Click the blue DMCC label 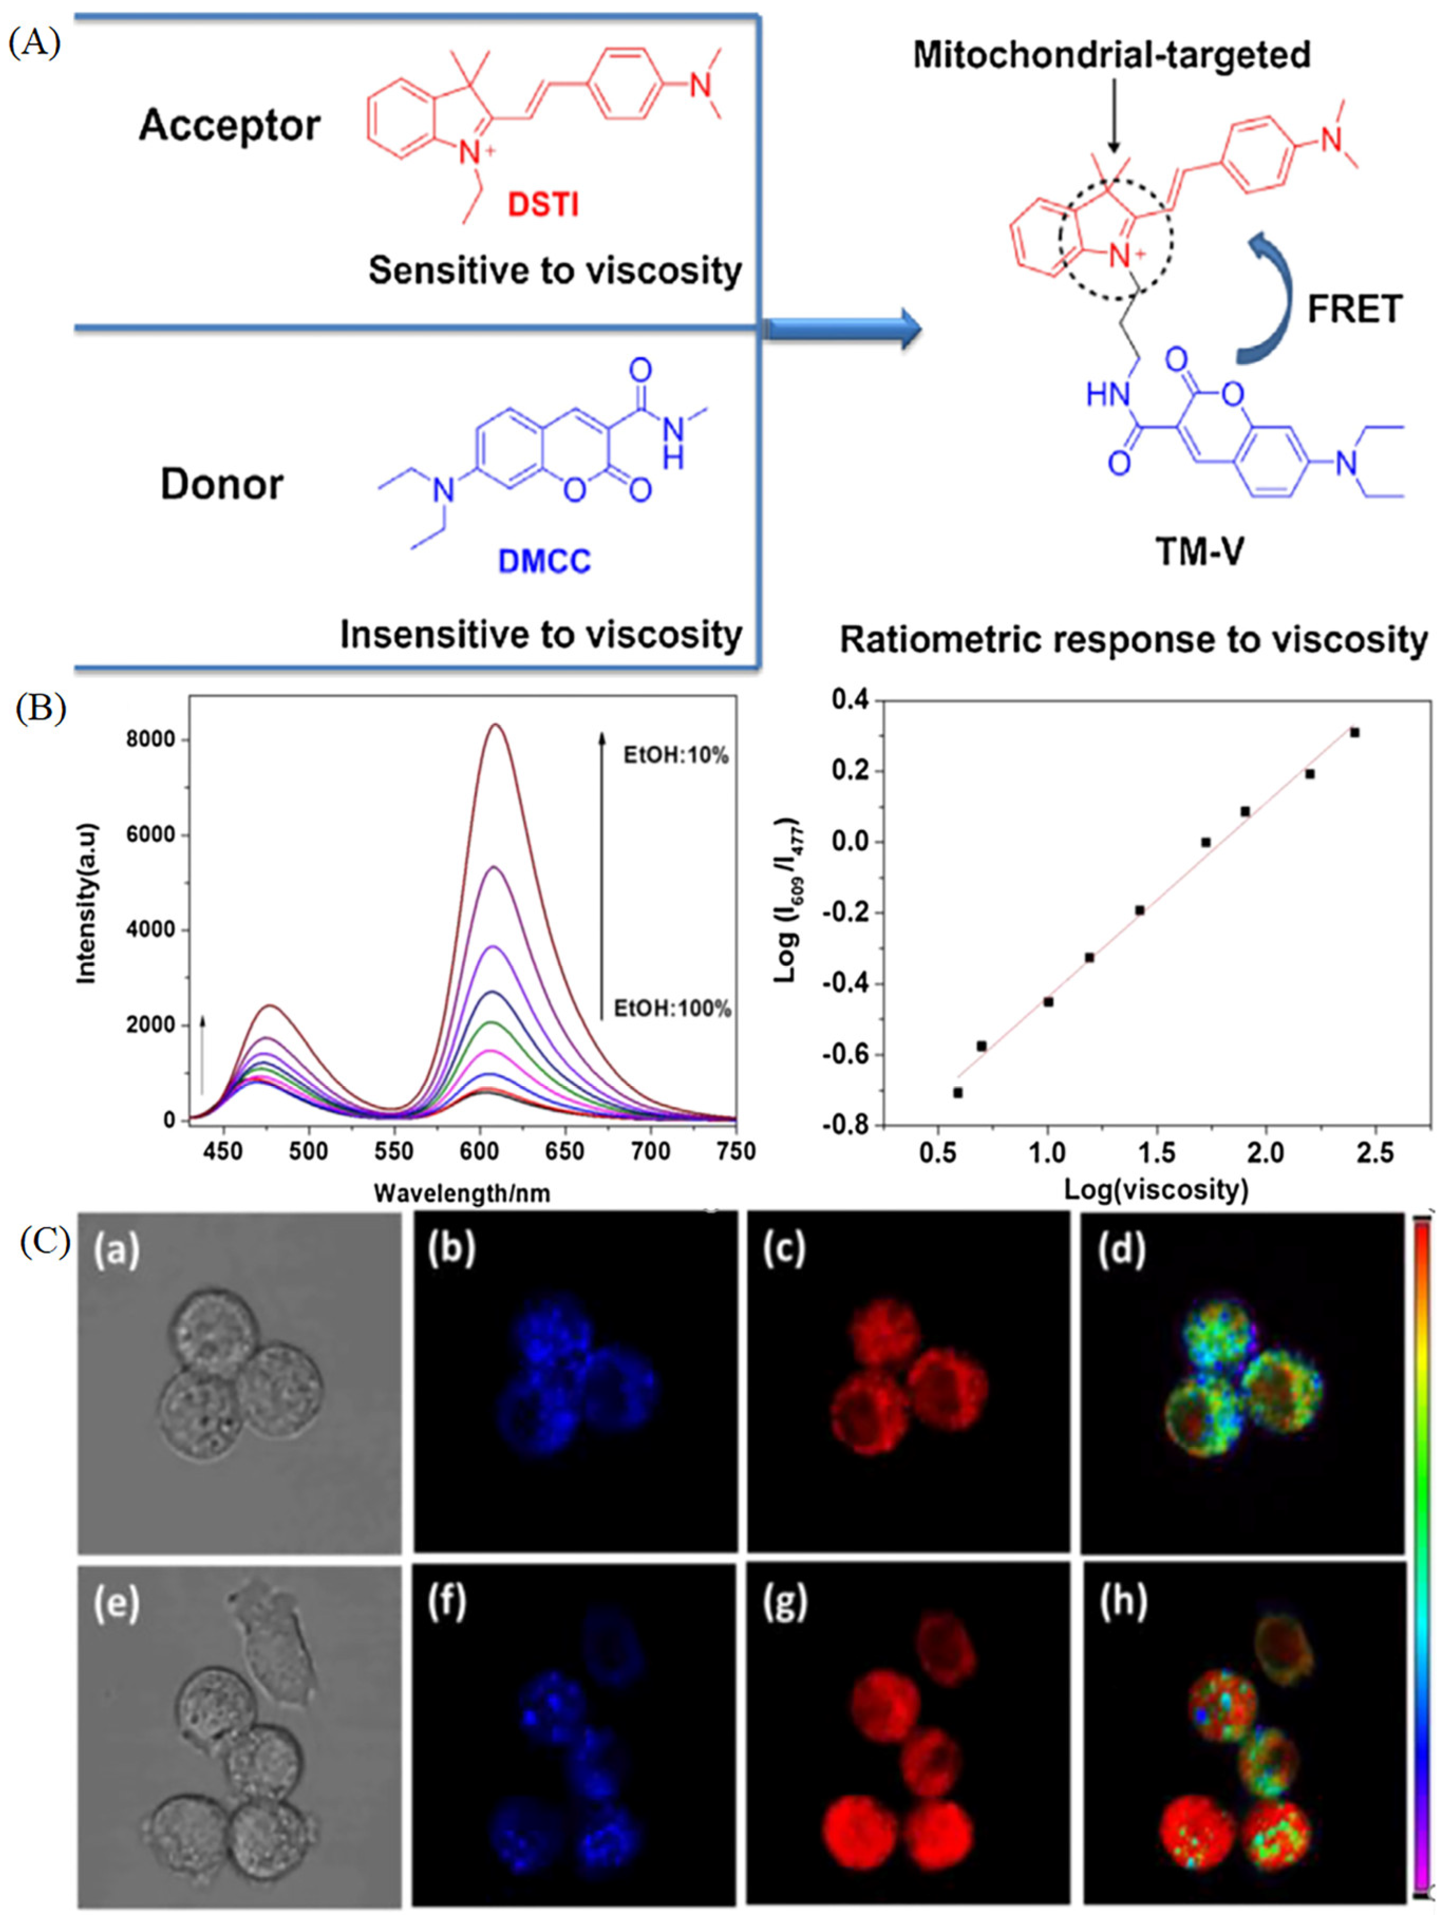[544, 561]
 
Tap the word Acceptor [230, 126]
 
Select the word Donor [222, 484]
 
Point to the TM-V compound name [1199, 551]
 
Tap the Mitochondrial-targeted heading [1111, 55]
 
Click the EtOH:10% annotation [676, 756]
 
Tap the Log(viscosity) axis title [1155, 1190]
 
